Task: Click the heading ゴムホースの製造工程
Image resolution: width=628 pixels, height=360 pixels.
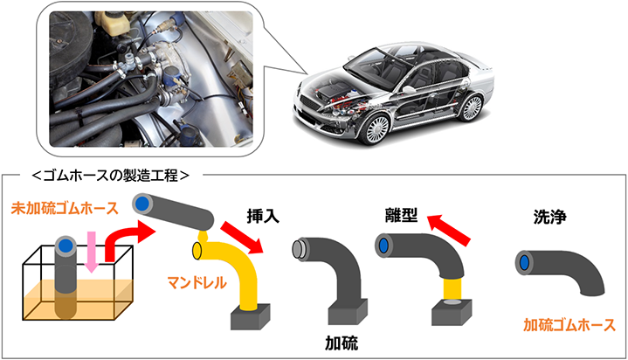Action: click(110, 175)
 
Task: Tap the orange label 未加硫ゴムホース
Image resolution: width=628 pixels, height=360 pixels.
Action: click(65, 209)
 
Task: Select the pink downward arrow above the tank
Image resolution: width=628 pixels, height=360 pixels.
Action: click(92, 252)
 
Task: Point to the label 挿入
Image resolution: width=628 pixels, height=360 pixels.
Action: click(263, 217)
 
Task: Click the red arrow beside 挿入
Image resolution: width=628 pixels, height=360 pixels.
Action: click(242, 237)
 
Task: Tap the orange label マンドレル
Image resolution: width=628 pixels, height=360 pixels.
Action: click(197, 283)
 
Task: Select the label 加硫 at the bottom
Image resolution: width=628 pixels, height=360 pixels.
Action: click(342, 343)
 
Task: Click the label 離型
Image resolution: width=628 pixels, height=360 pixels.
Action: click(401, 215)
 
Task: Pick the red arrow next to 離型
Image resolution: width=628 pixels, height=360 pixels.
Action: click(449, 229)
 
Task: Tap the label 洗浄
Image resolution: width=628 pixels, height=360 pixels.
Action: click(550, 217)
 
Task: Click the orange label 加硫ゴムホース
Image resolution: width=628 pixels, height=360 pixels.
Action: click(569, 325)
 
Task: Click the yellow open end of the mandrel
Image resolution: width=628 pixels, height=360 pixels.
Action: click(197, 251)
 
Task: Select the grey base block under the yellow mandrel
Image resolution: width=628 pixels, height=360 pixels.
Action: click(251, 316)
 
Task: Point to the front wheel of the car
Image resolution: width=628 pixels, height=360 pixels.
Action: click(376, 128)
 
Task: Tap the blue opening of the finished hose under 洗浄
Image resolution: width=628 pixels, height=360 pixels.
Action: click(524, 263)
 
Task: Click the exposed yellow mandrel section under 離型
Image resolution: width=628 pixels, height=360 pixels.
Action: click(452, 288)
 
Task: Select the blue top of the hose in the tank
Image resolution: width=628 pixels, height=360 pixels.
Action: click(65, 245)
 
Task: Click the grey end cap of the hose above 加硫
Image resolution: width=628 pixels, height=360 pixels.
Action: click(299, 249)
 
